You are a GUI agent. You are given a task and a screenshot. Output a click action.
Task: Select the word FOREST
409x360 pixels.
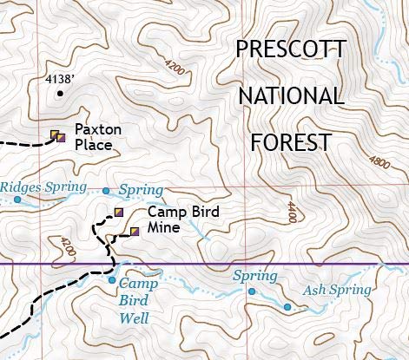pyautogui.click(x=290, y=141)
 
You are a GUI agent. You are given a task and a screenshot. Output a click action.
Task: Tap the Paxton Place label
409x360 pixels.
pyautogui.click(x=94, y=138)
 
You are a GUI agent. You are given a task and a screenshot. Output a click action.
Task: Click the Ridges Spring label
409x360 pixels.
pyautogui.click(x=43, y=187)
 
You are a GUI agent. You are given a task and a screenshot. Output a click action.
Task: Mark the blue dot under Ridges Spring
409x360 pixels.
pyautogui.click(x=17, y=200)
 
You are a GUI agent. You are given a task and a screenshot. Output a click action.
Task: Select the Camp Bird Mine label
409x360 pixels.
pyautogui.click(x=183, y=219)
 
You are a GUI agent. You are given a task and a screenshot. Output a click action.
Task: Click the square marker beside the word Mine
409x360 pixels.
pyautogui.click(x=135, y=231)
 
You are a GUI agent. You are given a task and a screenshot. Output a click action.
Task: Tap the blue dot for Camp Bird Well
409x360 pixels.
pyautogui.click(x=111, y=279)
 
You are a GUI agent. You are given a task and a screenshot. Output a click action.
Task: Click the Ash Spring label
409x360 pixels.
pyautogui.click(x=336, y=291)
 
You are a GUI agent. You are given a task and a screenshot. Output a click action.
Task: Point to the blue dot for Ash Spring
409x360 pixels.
pyautogui.click(x=287, y=307)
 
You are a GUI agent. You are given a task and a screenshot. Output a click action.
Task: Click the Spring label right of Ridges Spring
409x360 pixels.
pyautogui.click(x=141, y=189)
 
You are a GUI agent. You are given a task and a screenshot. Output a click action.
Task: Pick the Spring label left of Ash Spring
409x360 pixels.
pyautogui.click(x=254, y=276)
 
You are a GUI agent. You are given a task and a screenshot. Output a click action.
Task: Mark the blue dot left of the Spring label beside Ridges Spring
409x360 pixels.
pyautogui.click(x=107, y=191)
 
